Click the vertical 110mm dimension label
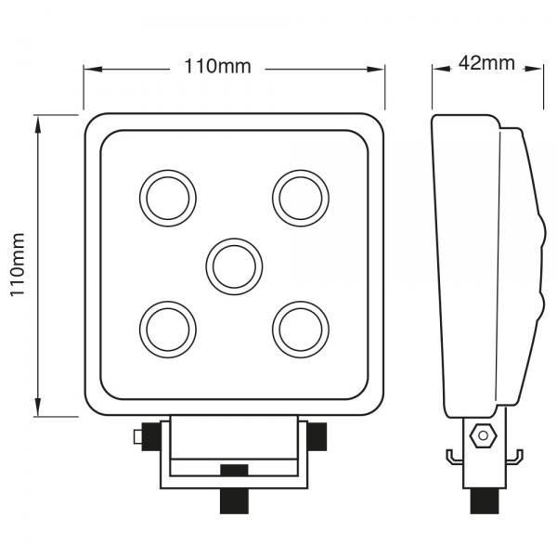pyautogui.click(x=15, y=266)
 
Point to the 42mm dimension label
pyautogui.click(x=486, y=64)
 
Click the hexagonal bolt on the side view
pyautogui.click(x=481, y=434)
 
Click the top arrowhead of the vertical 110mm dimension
pyautogui.click(x=38, y=121)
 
